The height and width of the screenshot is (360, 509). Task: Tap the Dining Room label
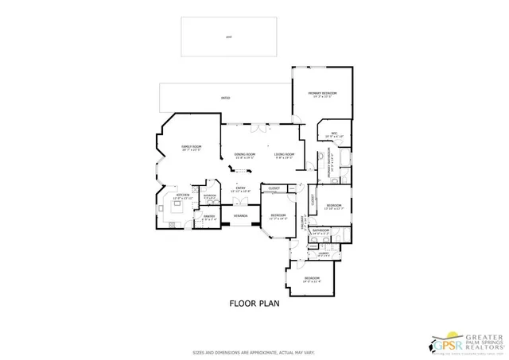tap(244, 155)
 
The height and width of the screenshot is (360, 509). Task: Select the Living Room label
tap(285, 155)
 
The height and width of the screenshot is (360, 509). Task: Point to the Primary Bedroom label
tap(323, 95)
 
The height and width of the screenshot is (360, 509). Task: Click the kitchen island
tap(176, 207)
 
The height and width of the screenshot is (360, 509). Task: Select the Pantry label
tap(209, 217)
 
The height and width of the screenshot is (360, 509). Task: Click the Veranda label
tap(240, 216)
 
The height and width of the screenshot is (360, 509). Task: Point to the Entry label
tap(240, 189)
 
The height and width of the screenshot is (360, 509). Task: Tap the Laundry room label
tap(324, 254)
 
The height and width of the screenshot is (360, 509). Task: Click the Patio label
tap(226, 99)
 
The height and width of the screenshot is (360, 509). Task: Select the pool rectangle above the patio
tap(228, 36)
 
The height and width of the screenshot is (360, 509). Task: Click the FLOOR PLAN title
tap(254, 303)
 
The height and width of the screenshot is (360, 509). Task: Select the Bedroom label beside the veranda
tap(278, 216)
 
